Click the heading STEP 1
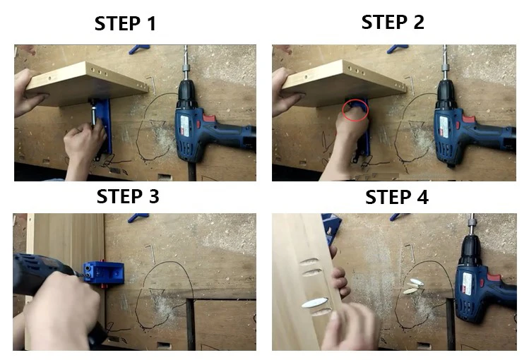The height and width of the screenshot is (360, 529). tap(125, 23)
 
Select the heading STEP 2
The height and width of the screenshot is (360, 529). tap(393, 23)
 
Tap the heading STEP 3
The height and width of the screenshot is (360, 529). tap(128, 196)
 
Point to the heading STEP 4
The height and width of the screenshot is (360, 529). tap(397, 197)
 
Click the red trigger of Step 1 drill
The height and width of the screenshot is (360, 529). tap(208, 119)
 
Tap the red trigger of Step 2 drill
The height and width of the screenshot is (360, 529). tap(468, 119)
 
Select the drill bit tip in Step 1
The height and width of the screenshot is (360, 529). tap(185, 47)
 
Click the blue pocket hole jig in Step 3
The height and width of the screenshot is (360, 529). tap(104, 272)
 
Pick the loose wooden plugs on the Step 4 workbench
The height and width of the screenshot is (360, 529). tap(415, 287)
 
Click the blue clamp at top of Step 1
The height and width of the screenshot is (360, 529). tap(138, 49)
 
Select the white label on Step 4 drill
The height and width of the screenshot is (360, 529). tap(467, 283)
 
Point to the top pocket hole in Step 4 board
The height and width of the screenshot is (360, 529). tap(309, 262)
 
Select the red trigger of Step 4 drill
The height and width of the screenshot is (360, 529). tap(493, 278)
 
